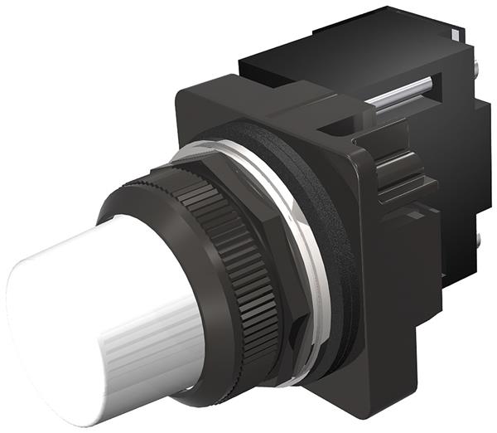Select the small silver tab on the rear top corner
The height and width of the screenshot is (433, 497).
coord(456,33)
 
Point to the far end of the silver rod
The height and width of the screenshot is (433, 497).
coord(427,80)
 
